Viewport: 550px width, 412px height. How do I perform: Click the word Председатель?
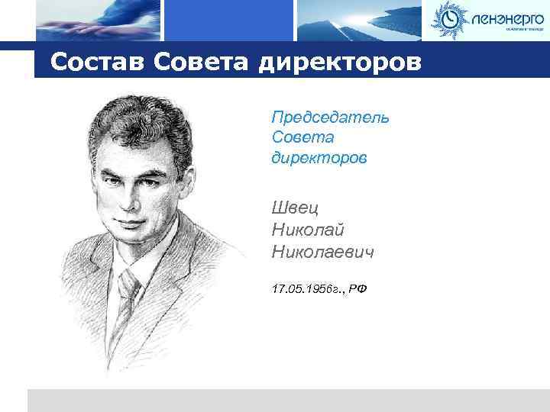click(330, 117)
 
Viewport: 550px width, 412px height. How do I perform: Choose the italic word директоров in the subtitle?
click(319, 159)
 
